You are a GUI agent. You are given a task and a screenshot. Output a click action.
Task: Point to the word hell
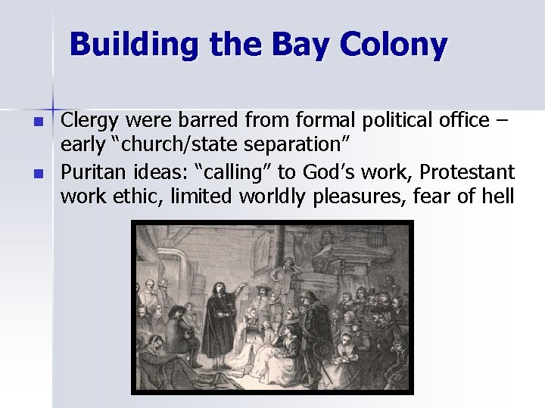pos(497,197)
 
